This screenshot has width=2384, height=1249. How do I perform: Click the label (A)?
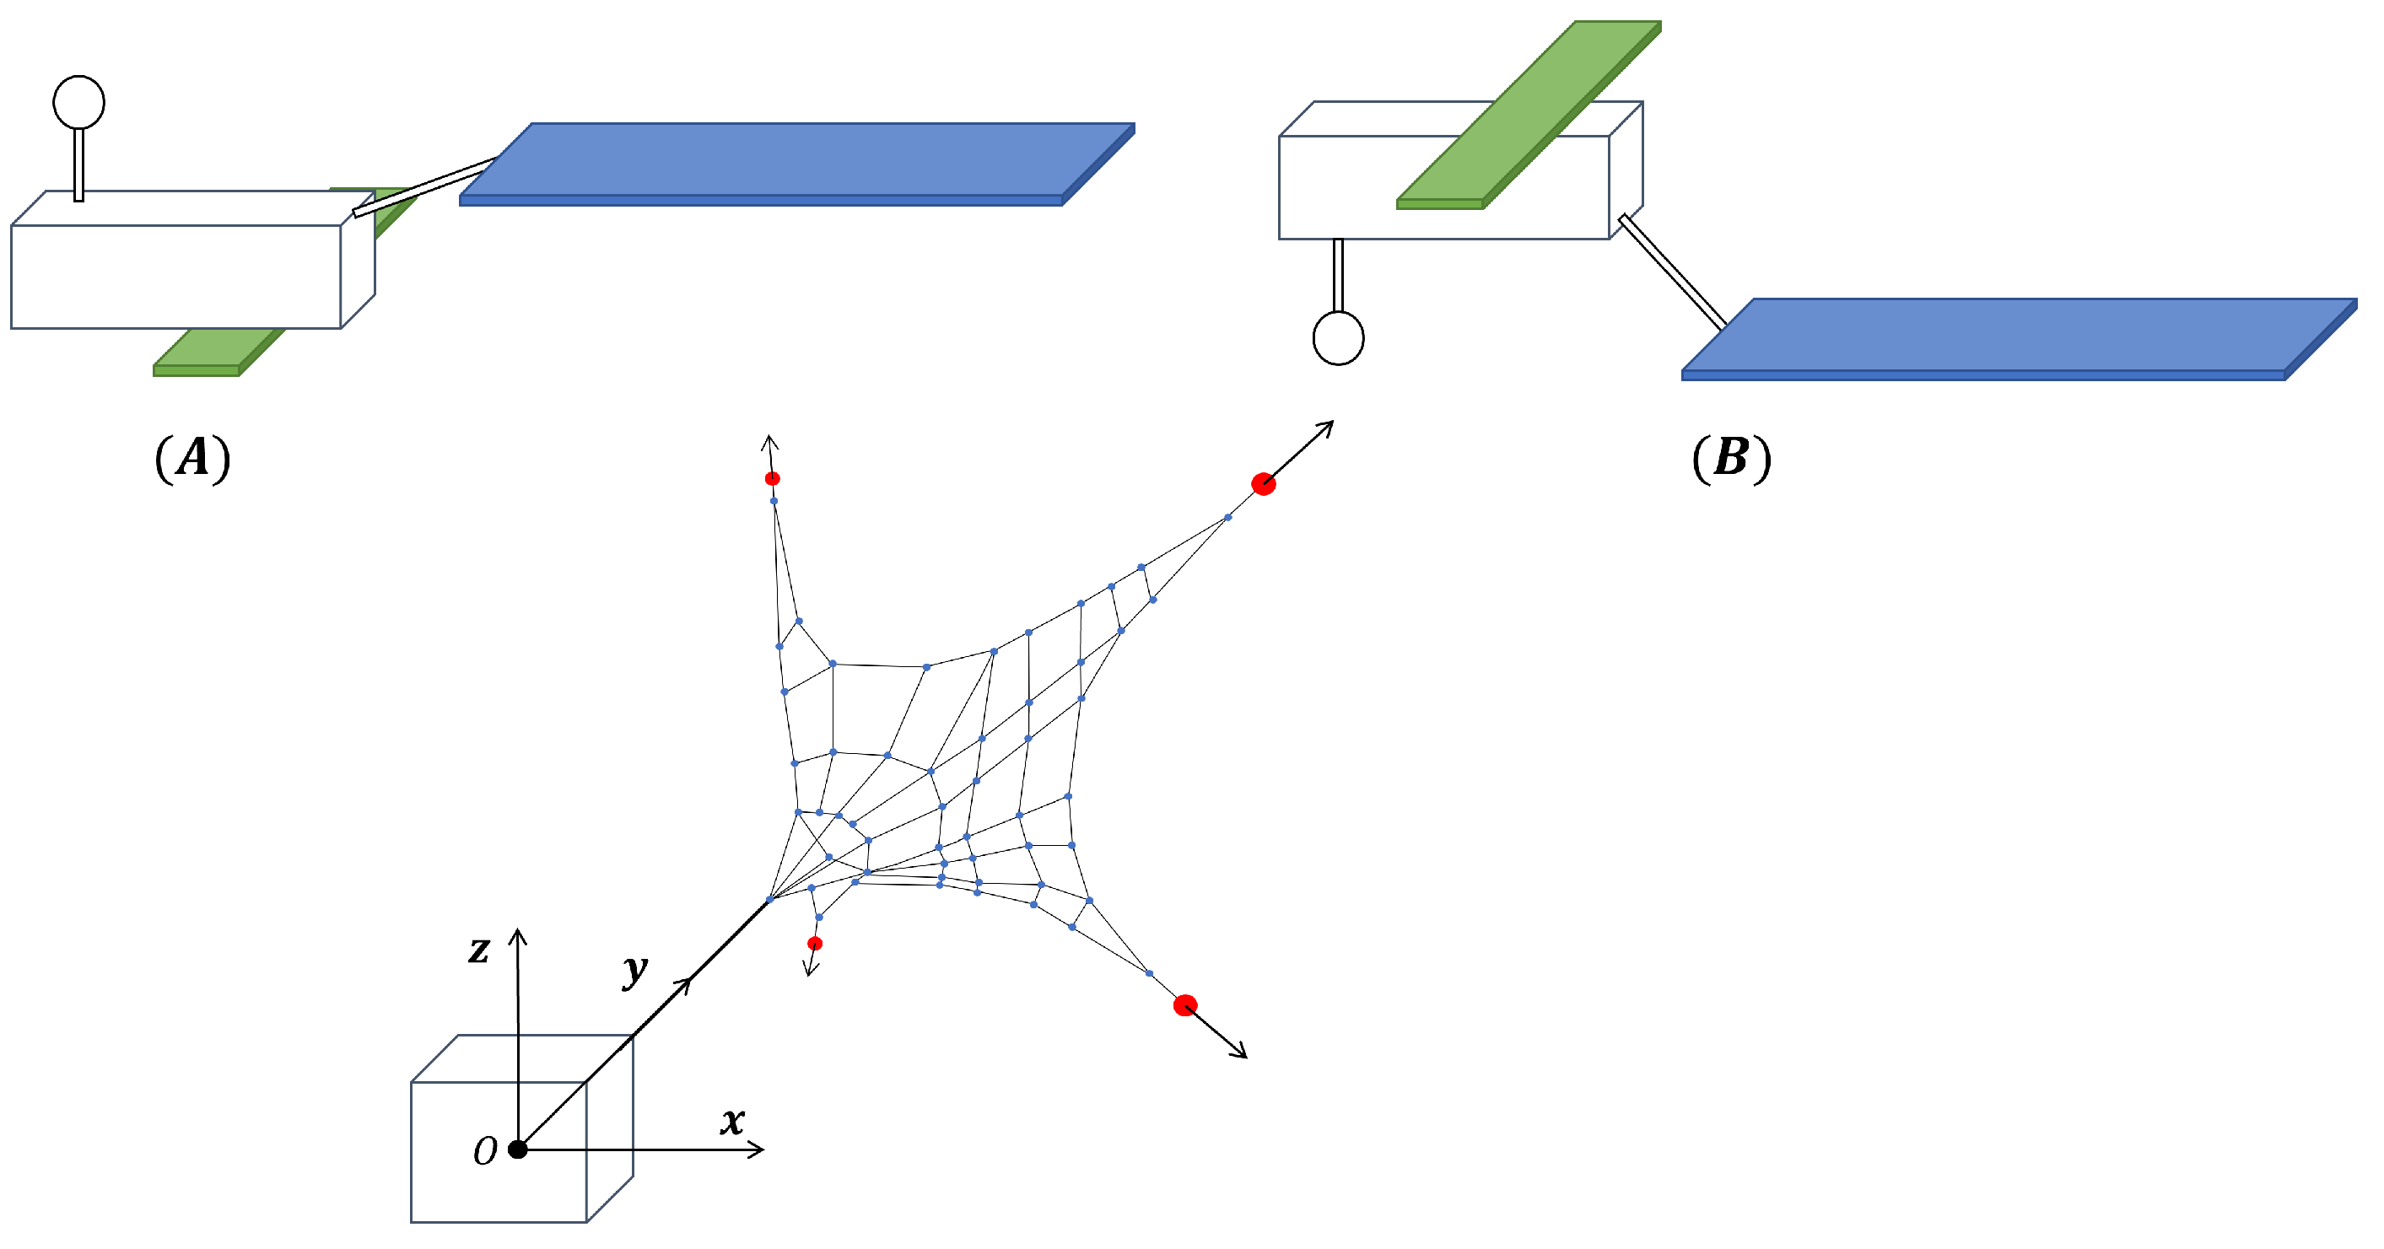192,458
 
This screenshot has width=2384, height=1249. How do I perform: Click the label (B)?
1730,458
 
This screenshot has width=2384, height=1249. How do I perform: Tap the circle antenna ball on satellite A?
78,102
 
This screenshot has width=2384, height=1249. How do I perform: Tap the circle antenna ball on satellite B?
1338,339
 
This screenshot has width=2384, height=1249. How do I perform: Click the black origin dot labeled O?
518,1149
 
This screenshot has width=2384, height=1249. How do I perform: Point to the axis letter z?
478,950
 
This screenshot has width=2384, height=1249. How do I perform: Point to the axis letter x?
732,1122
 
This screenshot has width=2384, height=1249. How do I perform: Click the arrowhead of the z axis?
518,934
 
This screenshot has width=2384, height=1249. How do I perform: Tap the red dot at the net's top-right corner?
1263,484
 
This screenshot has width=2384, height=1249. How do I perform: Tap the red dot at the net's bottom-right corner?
1185,1005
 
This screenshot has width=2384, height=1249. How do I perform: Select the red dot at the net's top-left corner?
773,478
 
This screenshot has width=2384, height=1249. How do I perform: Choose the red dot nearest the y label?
814,944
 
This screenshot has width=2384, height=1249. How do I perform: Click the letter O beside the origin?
485,1152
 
